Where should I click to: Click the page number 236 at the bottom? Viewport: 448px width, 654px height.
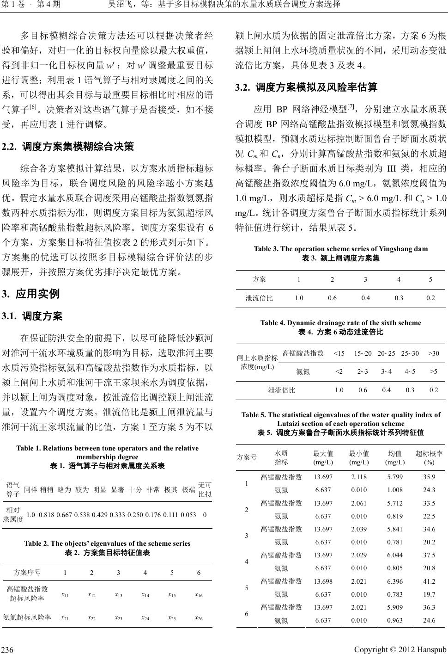(7, 649)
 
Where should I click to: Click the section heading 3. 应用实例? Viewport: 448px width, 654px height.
(31, 294)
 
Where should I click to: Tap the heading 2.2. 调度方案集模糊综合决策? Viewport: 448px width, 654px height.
(68, 147)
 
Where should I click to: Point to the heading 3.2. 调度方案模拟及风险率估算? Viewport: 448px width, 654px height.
(306, 87)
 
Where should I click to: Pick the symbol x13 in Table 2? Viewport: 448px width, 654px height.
(118, 594)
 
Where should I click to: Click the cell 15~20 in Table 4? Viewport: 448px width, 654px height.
(363, 354)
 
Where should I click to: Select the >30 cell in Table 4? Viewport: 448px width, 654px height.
(433, 354)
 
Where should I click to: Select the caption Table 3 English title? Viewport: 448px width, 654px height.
(340, 249)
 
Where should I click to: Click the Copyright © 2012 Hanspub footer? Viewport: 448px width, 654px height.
(400, 649)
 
